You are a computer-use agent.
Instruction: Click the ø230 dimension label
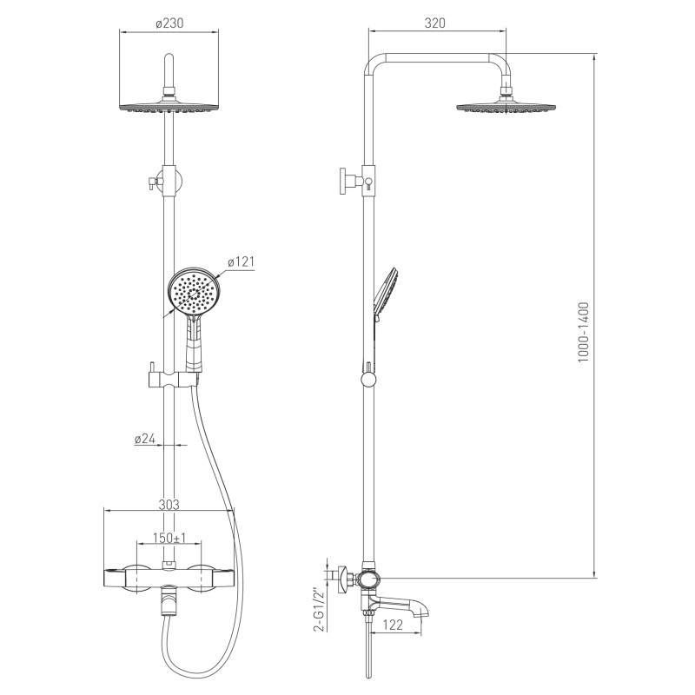[169, 23]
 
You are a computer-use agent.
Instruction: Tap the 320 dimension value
[434, 23]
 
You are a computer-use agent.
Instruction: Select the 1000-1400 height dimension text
[583, 333]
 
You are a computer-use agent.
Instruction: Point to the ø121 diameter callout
[242, 262]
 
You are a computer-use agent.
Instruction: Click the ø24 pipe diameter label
[145, 439]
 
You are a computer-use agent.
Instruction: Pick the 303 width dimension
[169, 505]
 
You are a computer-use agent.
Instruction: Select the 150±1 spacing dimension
[169, 538]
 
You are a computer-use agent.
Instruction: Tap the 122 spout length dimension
[393, 625]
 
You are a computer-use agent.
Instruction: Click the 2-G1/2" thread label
[317, 609]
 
